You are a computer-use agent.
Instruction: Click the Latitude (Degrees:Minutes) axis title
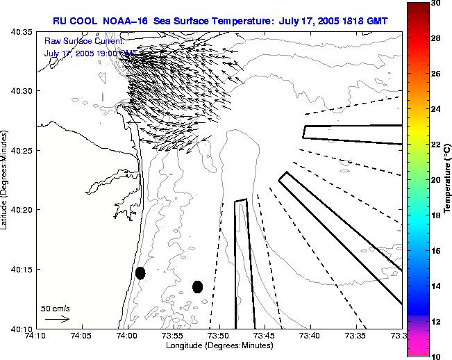click(x=6, y=179)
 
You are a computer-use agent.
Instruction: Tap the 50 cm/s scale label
click(x=56, y=308)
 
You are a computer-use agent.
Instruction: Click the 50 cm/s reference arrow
click(x=57, y=320)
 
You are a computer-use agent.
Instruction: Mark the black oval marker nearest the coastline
click(x=140, y=273)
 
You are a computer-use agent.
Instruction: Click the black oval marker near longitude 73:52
click(x=197, y=286)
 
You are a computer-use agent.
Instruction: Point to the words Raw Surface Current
click(x=74, y=41)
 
